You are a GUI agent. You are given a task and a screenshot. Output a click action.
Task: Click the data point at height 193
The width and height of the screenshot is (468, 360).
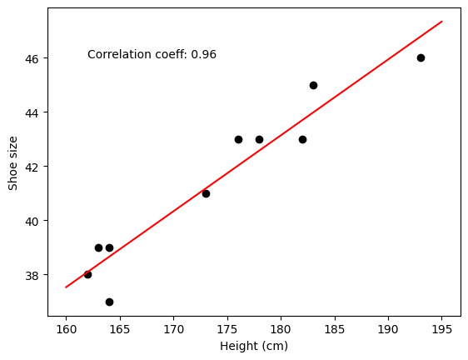[x=421, y=58]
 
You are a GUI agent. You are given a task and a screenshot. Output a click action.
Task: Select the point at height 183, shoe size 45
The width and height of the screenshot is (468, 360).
[x=313, y=86]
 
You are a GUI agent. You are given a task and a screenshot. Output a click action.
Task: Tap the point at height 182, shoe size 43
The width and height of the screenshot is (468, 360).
[x=302, y=139]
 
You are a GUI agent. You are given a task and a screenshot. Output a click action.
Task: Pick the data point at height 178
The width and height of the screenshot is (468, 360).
[x=259, y=139]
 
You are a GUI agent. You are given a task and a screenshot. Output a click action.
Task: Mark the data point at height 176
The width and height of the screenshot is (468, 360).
[x=238, y=139]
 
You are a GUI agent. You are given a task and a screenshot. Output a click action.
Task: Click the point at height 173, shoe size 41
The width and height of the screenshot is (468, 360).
[x=206, y=194]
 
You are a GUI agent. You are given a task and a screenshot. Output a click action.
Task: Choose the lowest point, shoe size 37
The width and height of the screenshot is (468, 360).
[x=110, y=302]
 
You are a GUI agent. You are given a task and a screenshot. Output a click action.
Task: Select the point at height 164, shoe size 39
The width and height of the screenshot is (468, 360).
[x=110, y=248]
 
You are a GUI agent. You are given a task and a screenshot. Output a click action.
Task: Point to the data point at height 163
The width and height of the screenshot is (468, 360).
[x=98, y=248]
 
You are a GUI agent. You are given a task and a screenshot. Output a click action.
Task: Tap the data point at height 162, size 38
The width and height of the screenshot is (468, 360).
[x=87, y=274]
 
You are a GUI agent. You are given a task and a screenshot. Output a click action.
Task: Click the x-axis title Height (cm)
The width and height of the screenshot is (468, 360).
[x=254, y=347]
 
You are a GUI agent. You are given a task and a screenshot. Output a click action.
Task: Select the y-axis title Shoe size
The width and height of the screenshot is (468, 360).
[x=12, y=163]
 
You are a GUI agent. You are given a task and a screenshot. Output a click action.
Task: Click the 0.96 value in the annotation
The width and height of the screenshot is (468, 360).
[x=203, y=55]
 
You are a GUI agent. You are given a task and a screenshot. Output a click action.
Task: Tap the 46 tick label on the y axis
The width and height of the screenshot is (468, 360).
[x=32, y=59]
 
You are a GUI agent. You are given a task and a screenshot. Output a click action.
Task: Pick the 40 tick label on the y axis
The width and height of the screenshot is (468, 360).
[x=32, y=222]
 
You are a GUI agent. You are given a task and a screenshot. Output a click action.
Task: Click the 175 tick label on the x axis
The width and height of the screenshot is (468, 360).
[x=227, y=329]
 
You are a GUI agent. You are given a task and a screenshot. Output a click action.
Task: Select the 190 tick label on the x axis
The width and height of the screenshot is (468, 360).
[x=388, y=329]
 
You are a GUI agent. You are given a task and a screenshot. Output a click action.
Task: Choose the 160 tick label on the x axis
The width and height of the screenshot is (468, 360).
[x=66, y=329]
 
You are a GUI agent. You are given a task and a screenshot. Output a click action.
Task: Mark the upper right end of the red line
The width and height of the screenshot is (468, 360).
[x=442, y=21]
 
